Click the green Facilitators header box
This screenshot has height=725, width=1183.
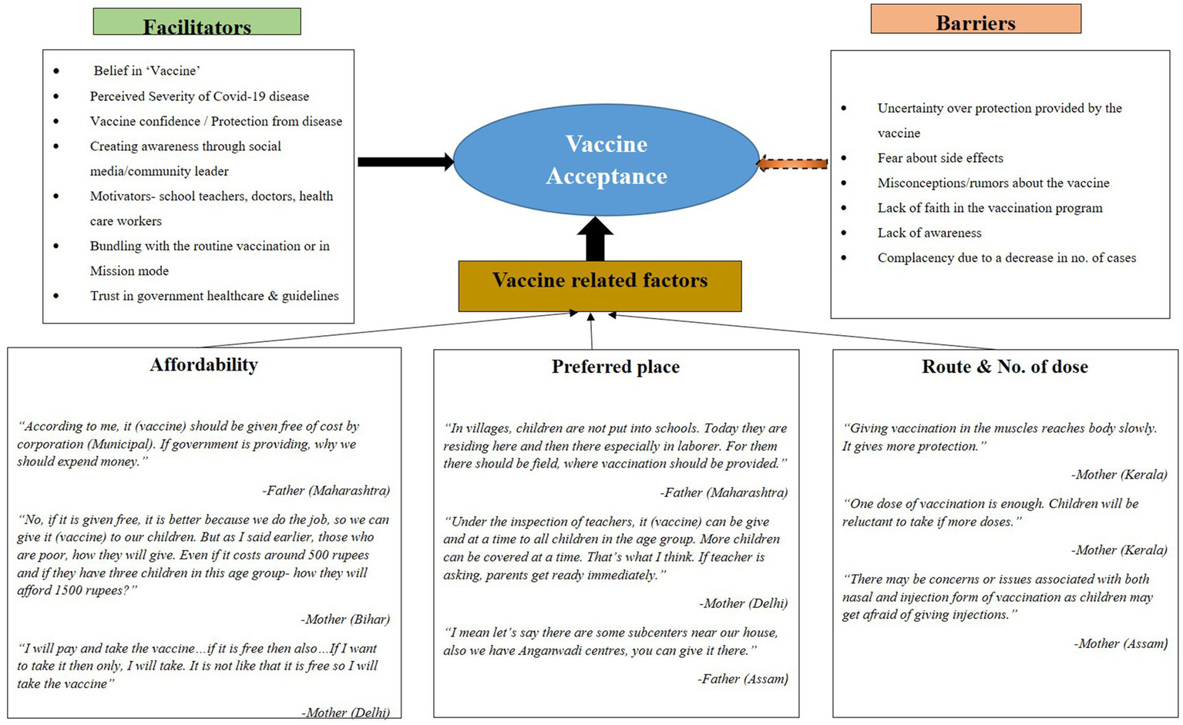[197, 22]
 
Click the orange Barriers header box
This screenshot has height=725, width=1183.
[975, 19]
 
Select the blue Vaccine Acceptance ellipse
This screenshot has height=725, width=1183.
[607, 160]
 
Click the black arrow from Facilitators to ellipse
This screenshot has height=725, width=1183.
[405, 162]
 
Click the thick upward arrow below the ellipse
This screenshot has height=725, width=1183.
[595, 239]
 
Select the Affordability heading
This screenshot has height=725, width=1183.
[203, 364]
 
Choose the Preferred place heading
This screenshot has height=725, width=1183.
[615, 367]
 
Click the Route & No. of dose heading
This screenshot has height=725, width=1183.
[1004, 367]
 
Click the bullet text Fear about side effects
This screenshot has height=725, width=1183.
[940, 158]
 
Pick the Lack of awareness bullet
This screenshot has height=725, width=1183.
[929, 233]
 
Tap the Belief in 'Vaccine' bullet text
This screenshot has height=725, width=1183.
[146, 71]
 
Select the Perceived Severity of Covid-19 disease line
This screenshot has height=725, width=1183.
[199, 96]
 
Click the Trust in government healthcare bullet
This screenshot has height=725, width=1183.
[214, 296]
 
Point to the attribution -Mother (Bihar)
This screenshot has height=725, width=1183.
[345, 619]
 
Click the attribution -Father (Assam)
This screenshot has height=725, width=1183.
[743, 679]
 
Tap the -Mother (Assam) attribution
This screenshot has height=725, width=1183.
[1121, 643]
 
